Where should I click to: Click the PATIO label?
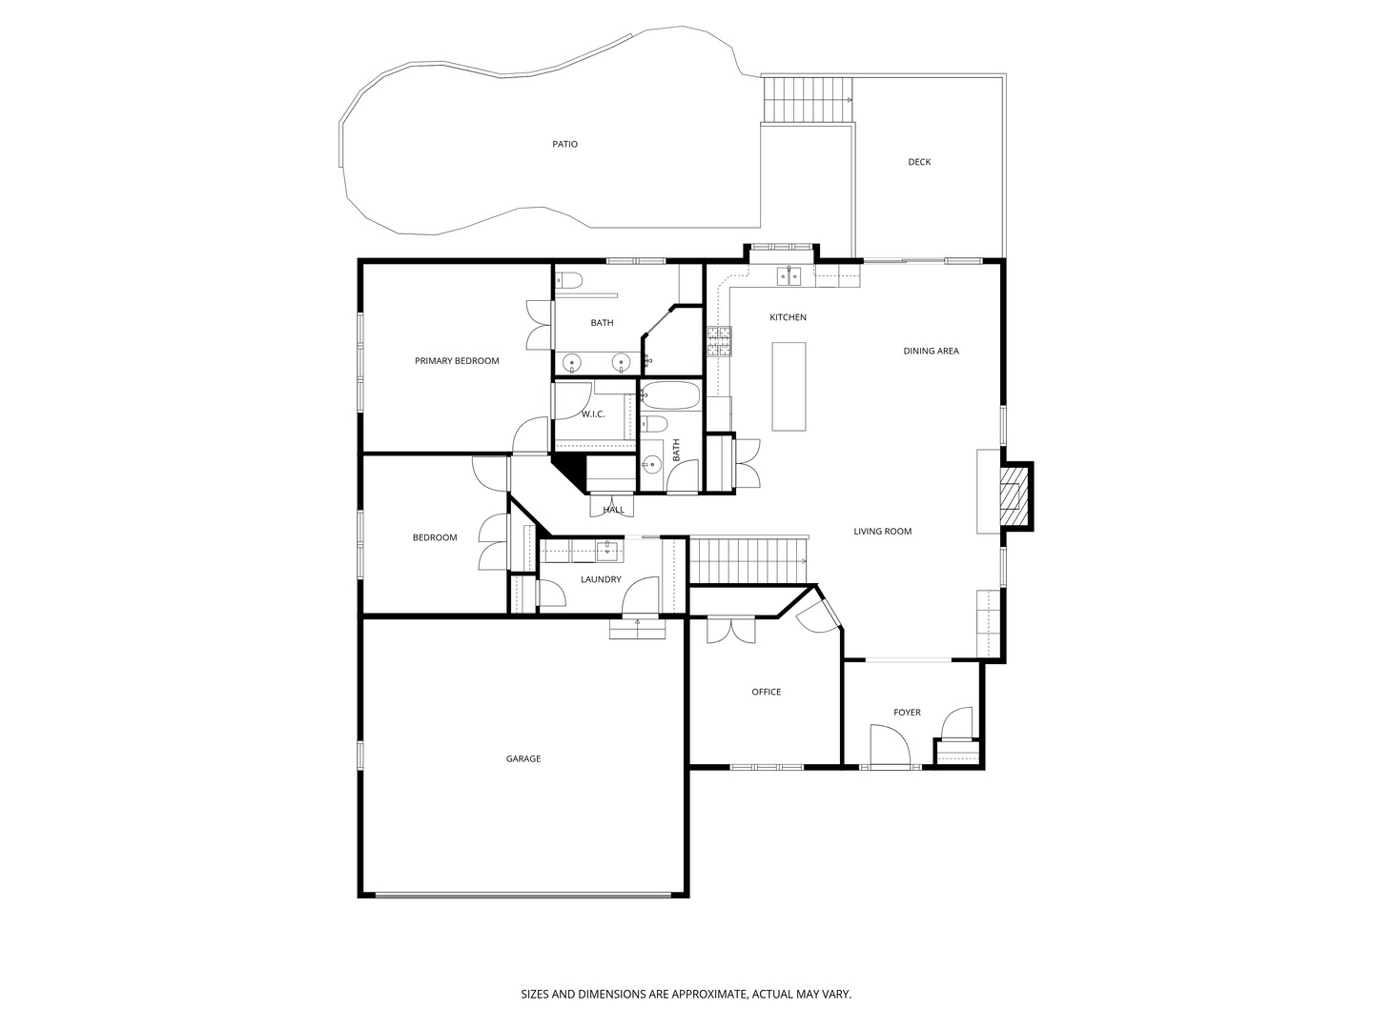click(x=564, y=144)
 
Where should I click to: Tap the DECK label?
click(x=919, y=162)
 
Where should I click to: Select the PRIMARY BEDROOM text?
click(x=457, y=360)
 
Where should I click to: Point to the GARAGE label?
click(x=523, y=758)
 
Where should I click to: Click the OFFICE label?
click(x=766, y=692)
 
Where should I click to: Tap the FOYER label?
click(x=907, y=713)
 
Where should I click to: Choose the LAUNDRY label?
click(x=601, y=579)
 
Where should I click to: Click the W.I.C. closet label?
click(x=593, y=414)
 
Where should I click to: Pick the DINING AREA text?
click(x=931, y=352)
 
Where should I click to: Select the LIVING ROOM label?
click(x=882, y=531)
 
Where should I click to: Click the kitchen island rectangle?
click(x=789, y=386)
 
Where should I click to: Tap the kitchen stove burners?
click(x=719, y=342)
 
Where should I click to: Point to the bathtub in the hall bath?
click(x=670, y=394)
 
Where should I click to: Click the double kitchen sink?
click(x=789, y=275)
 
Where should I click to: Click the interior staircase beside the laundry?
click(x=748, y=560)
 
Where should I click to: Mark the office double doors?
click(x=730, y=630)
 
